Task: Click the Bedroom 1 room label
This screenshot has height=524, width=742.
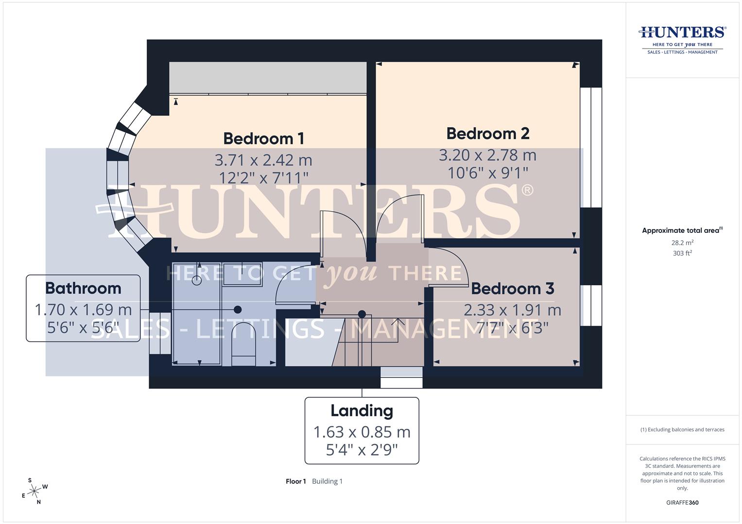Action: pyautogui.click(x=263, y=139)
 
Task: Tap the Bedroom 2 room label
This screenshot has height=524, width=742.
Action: pyautogui.click(x=487, y=133)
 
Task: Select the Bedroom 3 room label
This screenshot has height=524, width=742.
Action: pyautogui.click(x=512, y=289)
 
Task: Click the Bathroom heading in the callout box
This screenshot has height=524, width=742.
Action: pyautogui.click(x=83, y=288)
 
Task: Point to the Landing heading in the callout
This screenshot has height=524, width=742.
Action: pyautogui.click(x=362, y=411)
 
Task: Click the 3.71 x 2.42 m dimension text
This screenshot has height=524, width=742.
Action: pyautogui.click(x=263, y=160)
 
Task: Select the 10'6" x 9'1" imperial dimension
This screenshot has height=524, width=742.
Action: pyautogui.click(x=487, y=173)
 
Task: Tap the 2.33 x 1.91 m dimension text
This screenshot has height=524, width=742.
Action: pyautogui.click(x=512, y=310)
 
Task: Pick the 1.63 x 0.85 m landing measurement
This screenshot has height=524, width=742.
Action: pyautogui.click(x=362, y=431)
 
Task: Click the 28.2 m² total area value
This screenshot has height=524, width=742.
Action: pyautogui.click(x=682, y=243)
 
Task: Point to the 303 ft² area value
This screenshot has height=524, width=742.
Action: pyautogui.click(x=682, y=253)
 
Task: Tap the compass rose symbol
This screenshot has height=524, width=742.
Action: pyautogui.click(x=34, y=491)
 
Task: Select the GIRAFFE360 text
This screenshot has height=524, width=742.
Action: pyautogui.click(x=682, y=503)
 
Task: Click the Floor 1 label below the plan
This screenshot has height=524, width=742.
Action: pyautogui.click(x=295, y=481)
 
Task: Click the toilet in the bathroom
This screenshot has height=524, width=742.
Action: pyautogui.click(x=243, y=343)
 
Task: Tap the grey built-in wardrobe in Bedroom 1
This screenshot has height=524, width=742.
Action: pyautogui.click(x=267, y=78)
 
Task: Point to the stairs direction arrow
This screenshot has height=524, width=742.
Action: pyautogui.click(x=398, y=321)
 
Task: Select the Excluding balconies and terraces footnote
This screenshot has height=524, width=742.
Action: pyautogui.click(x=682, y=430)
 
